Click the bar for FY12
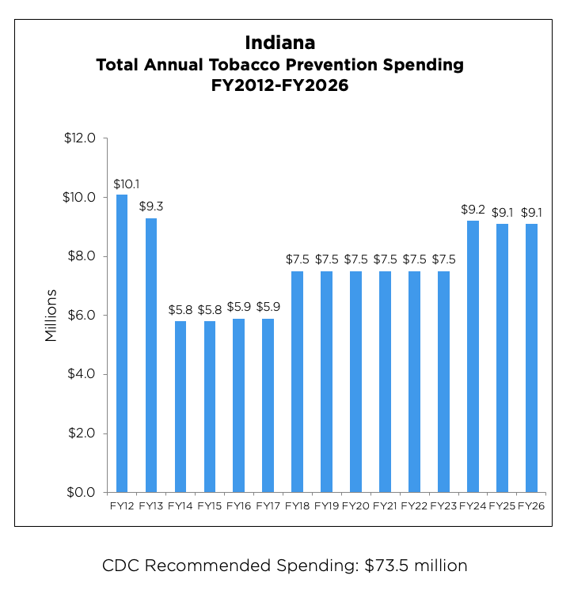click(122, 343)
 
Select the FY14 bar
click(180, 407)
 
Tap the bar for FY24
click(473, 356)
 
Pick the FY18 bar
click(297, 381)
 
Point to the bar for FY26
click(531, 358)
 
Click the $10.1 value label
click(122, 184)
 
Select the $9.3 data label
click(151, 207)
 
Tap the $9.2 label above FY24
click(473, 210)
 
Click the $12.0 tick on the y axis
click(79, 138)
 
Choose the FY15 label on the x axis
click(210, 505)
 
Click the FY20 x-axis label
click(355, 505)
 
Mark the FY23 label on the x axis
click(443, 505)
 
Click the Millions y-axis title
click(51, 315)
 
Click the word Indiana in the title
click(279, 42)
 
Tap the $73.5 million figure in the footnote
click(416, 566)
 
